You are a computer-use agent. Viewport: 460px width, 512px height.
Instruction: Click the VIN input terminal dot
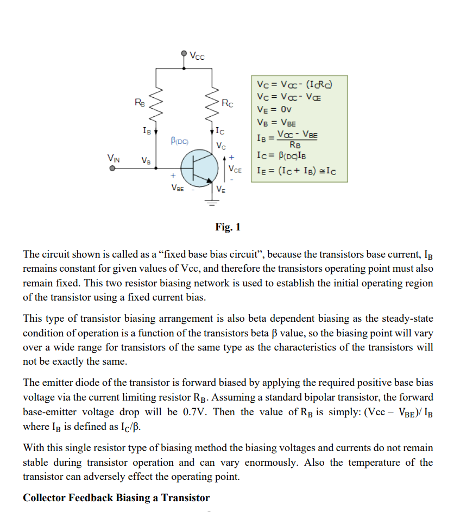pos(112,168)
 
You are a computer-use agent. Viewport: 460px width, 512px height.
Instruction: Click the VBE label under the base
pos(177,188)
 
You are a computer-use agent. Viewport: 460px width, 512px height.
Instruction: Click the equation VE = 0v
pos(276,109)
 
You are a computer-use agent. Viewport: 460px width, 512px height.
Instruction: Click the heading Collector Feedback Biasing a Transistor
pos(116,498)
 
